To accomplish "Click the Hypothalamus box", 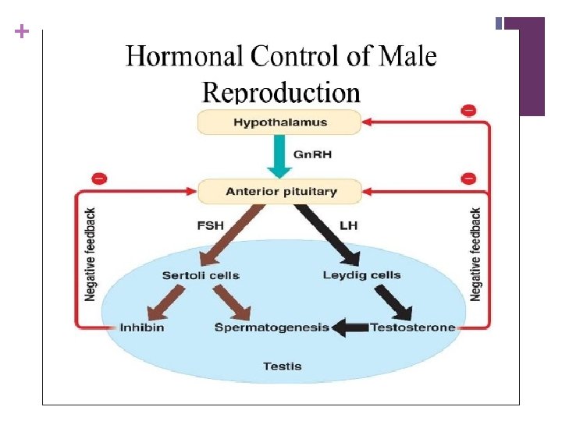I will coord(279,122).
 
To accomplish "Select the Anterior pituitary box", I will coord(279,191).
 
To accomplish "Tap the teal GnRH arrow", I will coord(279,156).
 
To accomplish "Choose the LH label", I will coord(347,225).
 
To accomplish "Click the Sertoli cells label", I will coord(201,275).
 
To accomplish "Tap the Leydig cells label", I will coord(361,274).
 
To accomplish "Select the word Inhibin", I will coord(142,327).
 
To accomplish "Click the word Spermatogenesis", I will coord(272,327).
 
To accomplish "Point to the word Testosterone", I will coord(412,327).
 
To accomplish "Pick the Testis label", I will coord(282,366).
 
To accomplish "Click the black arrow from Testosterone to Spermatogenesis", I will coord(350,327).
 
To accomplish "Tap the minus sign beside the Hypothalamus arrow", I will coord(468,110).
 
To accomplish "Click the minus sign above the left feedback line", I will coord(99,179).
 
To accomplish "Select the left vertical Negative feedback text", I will coord(91,254).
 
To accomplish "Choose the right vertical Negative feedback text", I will coord(476,254).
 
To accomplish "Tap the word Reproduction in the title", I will coord(281,93).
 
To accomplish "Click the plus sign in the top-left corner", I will coord(21,32).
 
